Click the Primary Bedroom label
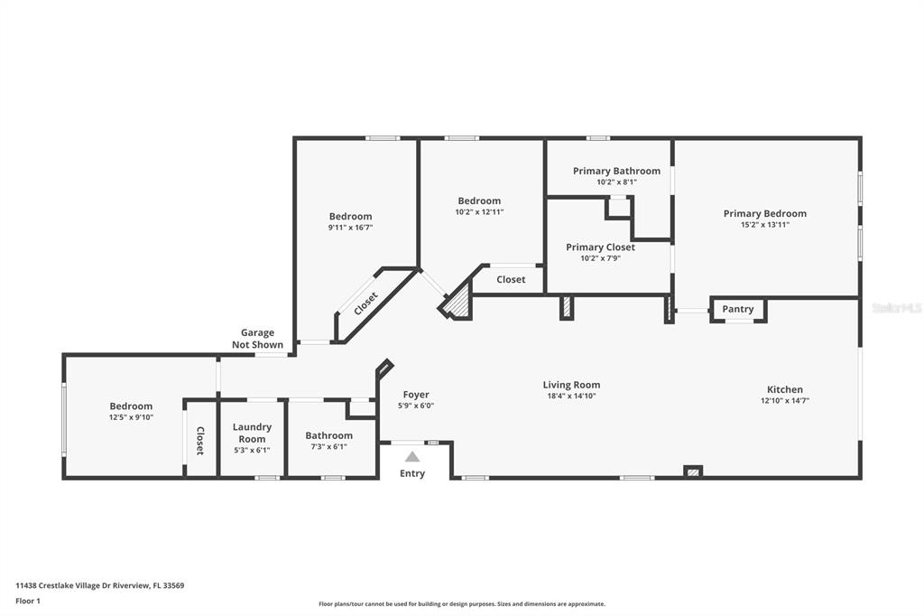765,213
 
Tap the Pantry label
738,309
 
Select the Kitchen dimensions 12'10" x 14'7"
785,401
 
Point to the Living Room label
571,385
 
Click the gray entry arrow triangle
412,457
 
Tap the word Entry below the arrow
412,473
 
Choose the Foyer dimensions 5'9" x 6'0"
416,406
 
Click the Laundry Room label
253,433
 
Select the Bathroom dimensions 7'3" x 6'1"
328,447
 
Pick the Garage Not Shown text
257,339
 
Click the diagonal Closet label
366,303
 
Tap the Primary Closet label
600,247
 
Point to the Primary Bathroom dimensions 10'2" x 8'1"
617,182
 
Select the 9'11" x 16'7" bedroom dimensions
351,228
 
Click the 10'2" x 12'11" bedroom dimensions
480,212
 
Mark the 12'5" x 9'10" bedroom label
131,417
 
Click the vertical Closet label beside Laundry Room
199,441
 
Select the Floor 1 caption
28,602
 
